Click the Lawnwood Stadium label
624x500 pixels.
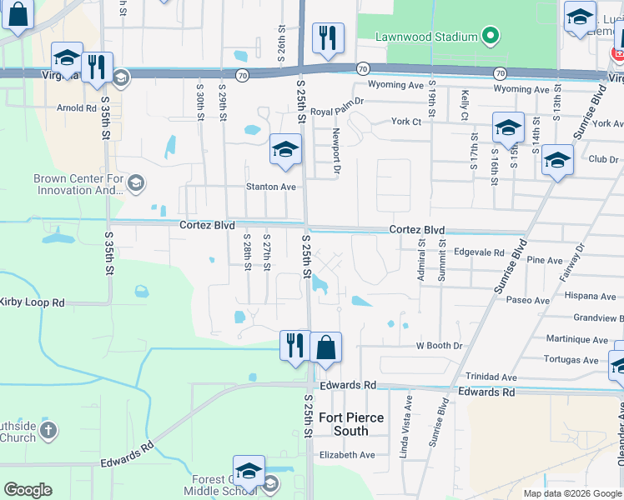[425, 37]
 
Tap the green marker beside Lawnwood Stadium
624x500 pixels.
[491, 37]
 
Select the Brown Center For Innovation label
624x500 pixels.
[78, 184]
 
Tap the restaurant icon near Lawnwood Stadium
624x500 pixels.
[328, 37]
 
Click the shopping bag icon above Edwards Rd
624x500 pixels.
[326, 347]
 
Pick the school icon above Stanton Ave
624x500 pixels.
[284, 150]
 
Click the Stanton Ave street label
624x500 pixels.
[271, 187]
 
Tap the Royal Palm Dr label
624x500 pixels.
[337, 111]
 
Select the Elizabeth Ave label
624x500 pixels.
[348, 455]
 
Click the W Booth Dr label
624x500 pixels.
[439, 345]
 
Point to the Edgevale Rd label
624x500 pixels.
[479, 252]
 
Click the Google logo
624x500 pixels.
[28, 490]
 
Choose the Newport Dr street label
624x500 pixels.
[337, 151]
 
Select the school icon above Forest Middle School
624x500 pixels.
[248, 471]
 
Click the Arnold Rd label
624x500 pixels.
[77, 107]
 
